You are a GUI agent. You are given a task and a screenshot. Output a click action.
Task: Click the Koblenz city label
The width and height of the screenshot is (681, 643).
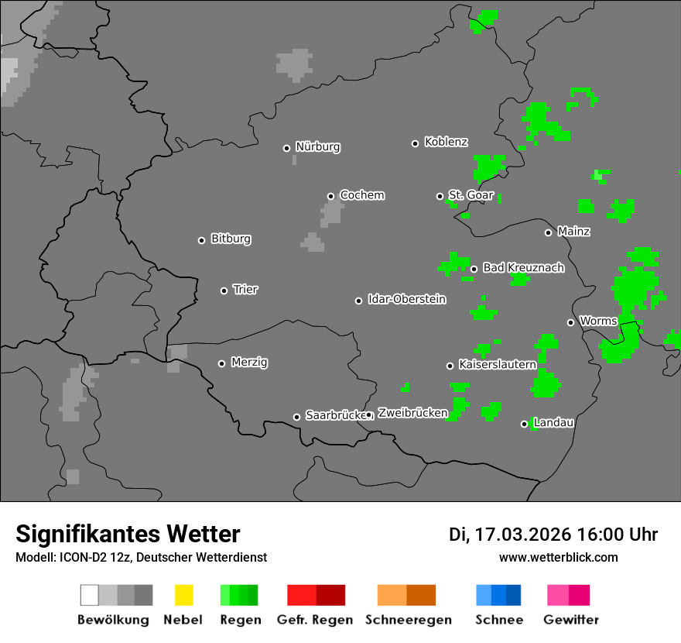click(446, 143)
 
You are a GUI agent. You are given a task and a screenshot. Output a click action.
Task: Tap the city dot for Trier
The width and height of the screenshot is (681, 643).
click(224, 291)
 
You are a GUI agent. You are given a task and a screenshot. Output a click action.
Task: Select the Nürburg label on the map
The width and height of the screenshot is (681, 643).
click(317, 147)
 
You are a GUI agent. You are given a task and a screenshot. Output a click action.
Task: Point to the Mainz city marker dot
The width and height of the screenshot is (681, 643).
click(549, 232)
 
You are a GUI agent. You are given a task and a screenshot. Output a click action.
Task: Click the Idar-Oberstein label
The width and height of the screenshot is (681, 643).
click(406, 300)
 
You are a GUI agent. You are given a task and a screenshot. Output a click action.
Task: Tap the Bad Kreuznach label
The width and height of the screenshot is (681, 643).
click(523, 268)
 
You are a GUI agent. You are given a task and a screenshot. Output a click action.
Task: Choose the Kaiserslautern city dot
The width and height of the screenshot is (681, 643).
click(450, 366)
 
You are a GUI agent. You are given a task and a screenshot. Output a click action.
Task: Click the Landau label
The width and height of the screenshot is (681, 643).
click(553, 423)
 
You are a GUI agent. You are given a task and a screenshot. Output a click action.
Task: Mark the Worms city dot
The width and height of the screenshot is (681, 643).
click(571, 322)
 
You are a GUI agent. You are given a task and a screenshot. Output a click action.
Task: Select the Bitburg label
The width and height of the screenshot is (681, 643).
click(231, 239)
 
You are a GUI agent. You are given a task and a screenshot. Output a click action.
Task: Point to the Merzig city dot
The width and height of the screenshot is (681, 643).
click(222, 363)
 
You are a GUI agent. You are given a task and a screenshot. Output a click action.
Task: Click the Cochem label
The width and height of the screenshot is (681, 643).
click(361, 195)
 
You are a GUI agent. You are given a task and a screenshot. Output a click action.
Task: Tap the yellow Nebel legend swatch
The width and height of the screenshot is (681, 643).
click(183, 595)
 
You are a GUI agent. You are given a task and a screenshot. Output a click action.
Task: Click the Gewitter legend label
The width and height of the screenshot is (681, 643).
click(570, 620)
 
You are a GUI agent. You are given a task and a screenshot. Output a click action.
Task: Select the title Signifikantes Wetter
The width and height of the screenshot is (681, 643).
click(128, 534)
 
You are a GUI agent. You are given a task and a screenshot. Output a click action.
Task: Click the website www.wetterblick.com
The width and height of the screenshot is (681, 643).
click(558, 557)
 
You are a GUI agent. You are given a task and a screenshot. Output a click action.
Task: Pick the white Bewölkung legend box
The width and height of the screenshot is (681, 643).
click(90, 595)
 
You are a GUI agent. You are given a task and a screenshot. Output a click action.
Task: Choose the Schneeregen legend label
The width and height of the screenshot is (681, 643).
click(409, 620)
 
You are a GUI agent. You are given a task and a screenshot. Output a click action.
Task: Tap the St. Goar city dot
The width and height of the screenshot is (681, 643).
click(440, 196)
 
